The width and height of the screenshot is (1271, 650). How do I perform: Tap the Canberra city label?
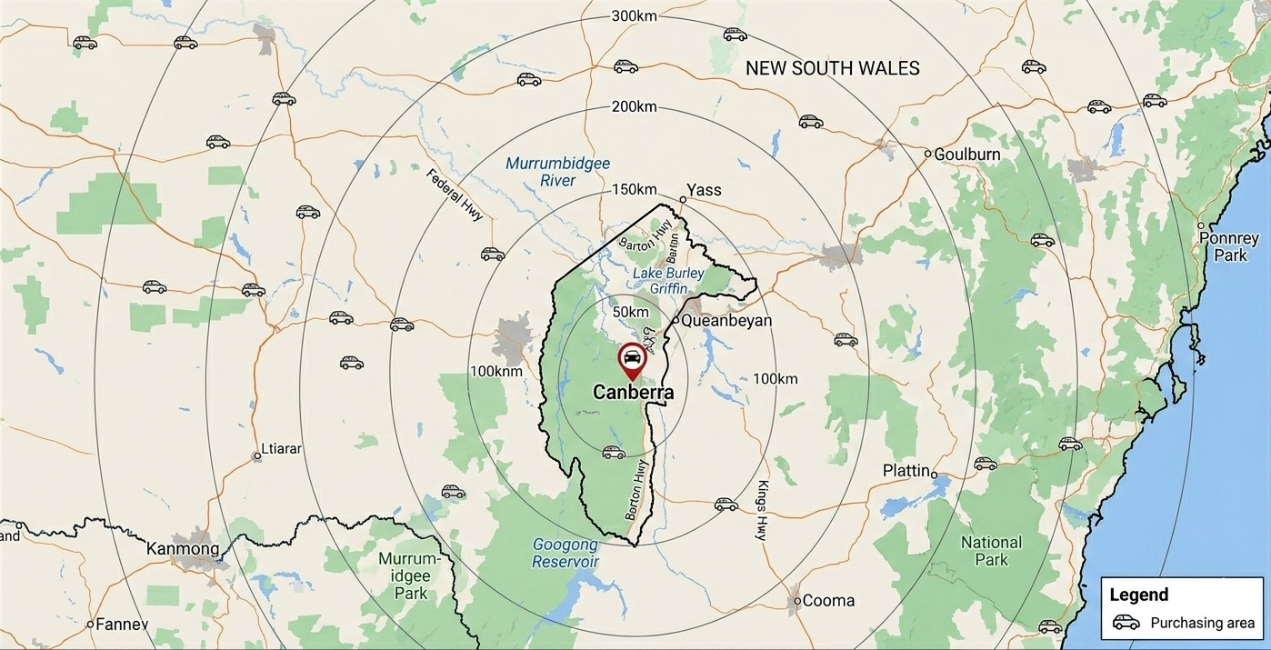(x=633, y=393)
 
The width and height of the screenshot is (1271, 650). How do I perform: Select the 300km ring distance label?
(x=635, y=15)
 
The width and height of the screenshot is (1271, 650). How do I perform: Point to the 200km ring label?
(x=635, y=106)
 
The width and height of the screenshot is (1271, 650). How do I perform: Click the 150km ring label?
(x=635, y=189)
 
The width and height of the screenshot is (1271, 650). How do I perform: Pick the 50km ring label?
(x=631, y=312)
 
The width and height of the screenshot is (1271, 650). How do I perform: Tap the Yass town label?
(x=704, y=189)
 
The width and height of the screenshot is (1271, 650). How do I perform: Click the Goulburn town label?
(x=967, y=155)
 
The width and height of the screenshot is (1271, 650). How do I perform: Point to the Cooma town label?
(x=828, y=600)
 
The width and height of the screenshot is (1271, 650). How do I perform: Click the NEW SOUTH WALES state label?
(x=832, y=68)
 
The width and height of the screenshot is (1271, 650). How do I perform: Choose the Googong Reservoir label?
(x=565, y=553)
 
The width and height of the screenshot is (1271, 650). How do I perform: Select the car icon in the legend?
(x=1126, y=623)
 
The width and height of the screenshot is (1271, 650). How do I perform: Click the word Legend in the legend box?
(x=1139, y=595)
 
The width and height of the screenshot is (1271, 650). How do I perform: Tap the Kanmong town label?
(x=183, y=549)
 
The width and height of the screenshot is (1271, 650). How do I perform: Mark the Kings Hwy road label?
(x=762, y=510)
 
